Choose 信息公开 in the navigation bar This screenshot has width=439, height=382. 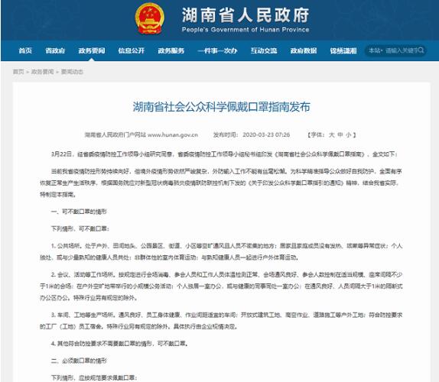tap(131, 50)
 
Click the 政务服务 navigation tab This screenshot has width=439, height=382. tap(172, 50)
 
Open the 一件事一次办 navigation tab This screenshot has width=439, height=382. tap(218, 50)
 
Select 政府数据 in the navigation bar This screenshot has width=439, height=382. tap(303, 50)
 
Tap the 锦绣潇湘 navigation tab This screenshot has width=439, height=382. tap(342, 50)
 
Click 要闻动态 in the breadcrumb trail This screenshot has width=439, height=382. tap(83, 70)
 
